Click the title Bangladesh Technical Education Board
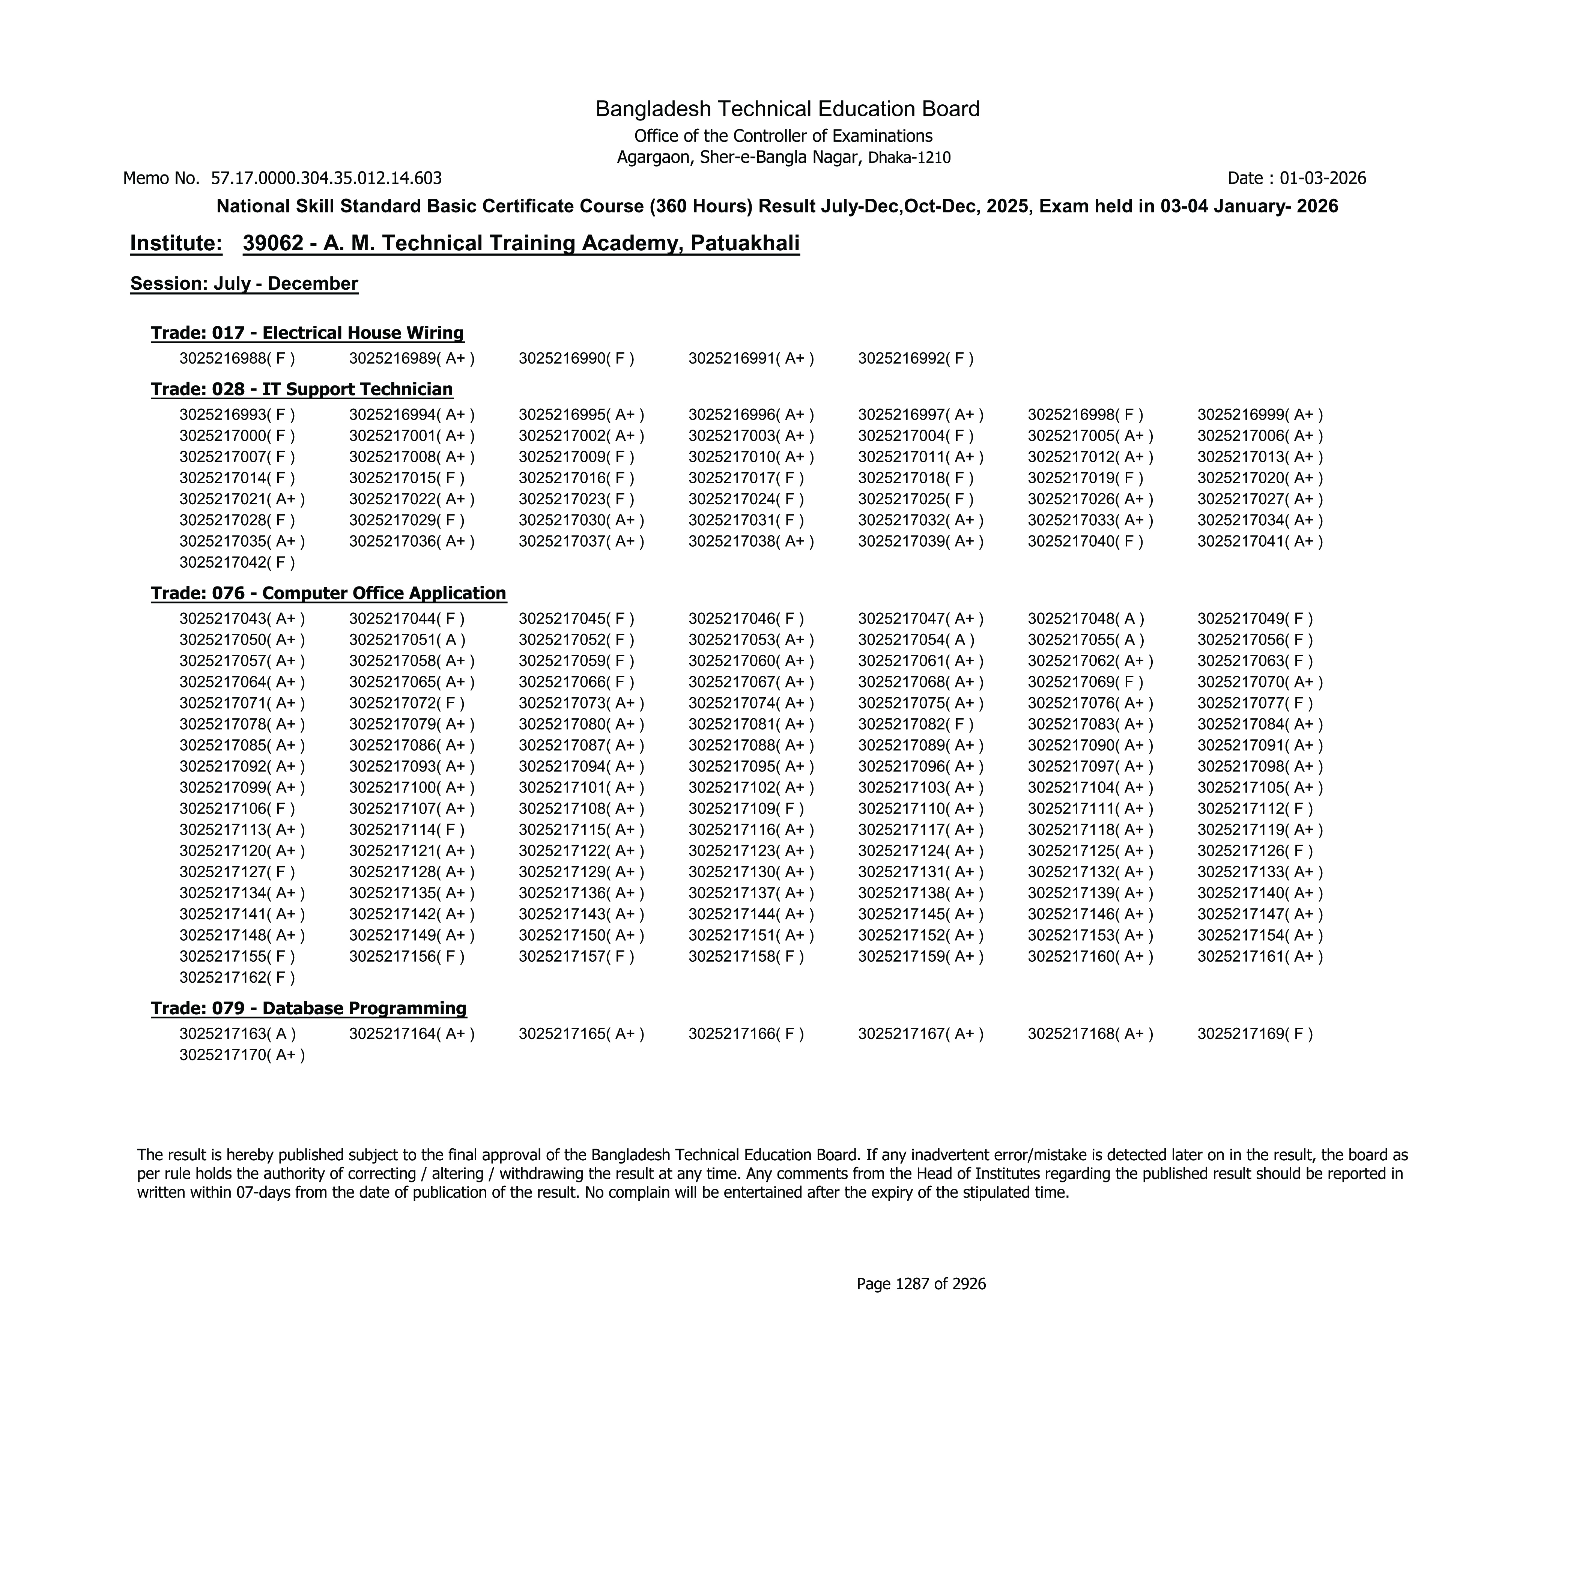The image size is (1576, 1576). [x=787, y=108]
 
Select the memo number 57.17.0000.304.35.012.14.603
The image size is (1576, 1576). [x=326, y=178]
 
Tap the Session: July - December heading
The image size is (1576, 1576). [x=244, y=284]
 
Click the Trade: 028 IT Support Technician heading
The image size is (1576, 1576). [x=302, y=389]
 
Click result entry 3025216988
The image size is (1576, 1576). [x=236, y=358]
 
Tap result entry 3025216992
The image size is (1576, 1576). [x=915, y=358]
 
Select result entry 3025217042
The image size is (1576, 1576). [x=236, y=562]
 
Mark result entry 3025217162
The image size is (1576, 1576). [x=236, y=977]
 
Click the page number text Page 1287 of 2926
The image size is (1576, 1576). [x=921, y=1284]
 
